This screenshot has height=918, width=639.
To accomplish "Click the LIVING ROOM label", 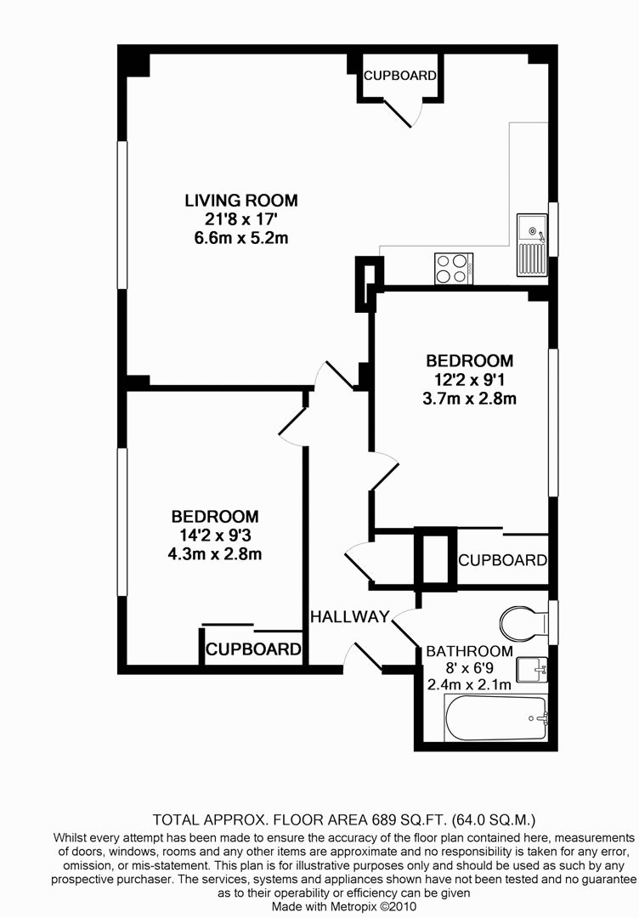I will [241, 201].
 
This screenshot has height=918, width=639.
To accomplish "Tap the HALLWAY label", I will [349, 616].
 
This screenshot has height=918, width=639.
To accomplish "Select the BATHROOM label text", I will [469, 651].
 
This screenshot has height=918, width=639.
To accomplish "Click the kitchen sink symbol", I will [532, 245].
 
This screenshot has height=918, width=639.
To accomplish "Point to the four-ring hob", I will [454, 268].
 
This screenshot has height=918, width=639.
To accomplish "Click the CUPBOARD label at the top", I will [399, 76].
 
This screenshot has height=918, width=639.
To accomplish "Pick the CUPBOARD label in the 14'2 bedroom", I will [253, 650].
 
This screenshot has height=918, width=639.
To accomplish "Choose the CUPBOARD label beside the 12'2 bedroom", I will [501, 560].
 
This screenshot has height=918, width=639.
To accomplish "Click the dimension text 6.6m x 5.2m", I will [241, 238].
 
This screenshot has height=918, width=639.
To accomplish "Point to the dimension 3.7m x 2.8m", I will [470, 397].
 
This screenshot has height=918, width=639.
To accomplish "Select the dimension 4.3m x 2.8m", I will [215, 554].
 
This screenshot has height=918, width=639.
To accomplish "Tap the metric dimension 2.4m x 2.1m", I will [469, 685].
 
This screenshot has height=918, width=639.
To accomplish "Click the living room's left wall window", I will [122, 214].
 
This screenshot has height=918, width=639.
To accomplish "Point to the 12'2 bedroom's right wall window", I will [553, 421].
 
